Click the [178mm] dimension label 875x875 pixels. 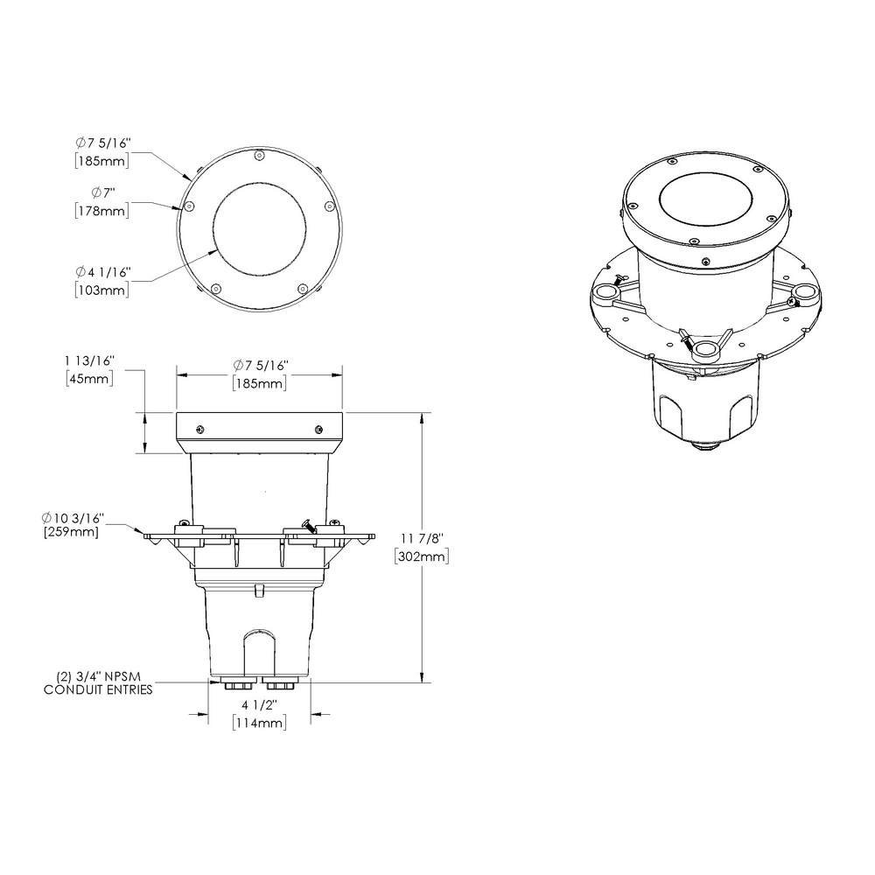101,210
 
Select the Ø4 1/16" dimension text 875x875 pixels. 102,273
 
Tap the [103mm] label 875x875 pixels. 101,290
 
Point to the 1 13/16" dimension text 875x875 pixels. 89,361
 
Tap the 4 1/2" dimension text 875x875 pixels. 259,705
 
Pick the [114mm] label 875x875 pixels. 259,723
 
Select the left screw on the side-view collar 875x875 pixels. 200,428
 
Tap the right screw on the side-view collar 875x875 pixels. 318,428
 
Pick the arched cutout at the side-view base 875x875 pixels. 259,649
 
